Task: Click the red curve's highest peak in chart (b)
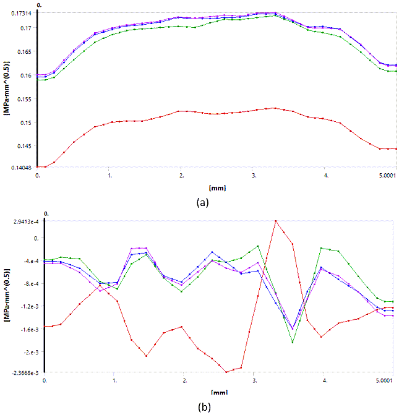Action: (x=276, y=221)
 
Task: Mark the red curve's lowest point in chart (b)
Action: (x=226, y=372)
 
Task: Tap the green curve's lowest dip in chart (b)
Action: (x=293, y=342)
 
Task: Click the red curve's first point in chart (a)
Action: (x=38, y=167)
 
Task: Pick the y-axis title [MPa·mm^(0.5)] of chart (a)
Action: (x=6, y=91)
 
